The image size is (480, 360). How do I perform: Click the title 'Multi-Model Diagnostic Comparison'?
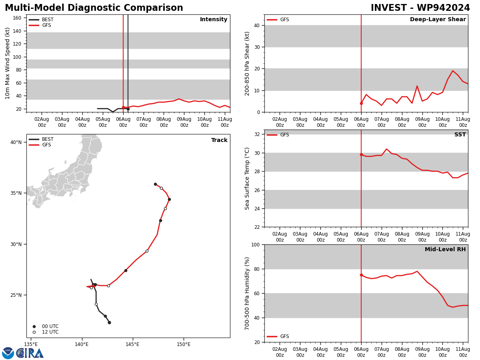coord(94,8)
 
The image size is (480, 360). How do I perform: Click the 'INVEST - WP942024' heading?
coord(420,8)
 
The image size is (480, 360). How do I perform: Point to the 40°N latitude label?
coord(16,142)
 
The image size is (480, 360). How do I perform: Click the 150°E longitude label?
coord(184,344)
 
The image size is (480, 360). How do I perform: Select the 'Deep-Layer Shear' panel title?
coord(438,20)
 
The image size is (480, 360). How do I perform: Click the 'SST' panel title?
coord(460,135)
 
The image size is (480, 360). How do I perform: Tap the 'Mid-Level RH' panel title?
coord(445,250)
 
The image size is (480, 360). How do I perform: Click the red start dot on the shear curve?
coord(361,103)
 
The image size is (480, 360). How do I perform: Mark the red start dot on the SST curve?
coord(361,154)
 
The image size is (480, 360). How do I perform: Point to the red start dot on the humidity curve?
coord(361,275)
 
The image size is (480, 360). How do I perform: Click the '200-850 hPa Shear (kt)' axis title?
coord(248,63)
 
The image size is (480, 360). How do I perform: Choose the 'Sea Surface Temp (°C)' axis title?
coord(248,178)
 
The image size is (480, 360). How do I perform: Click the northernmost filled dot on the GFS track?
coord(155,184)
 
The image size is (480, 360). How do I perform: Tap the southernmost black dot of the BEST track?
coord(109,322)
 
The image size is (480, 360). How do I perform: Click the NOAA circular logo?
coord(8,353)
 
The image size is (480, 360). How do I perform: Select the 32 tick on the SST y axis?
coord(257,134)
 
